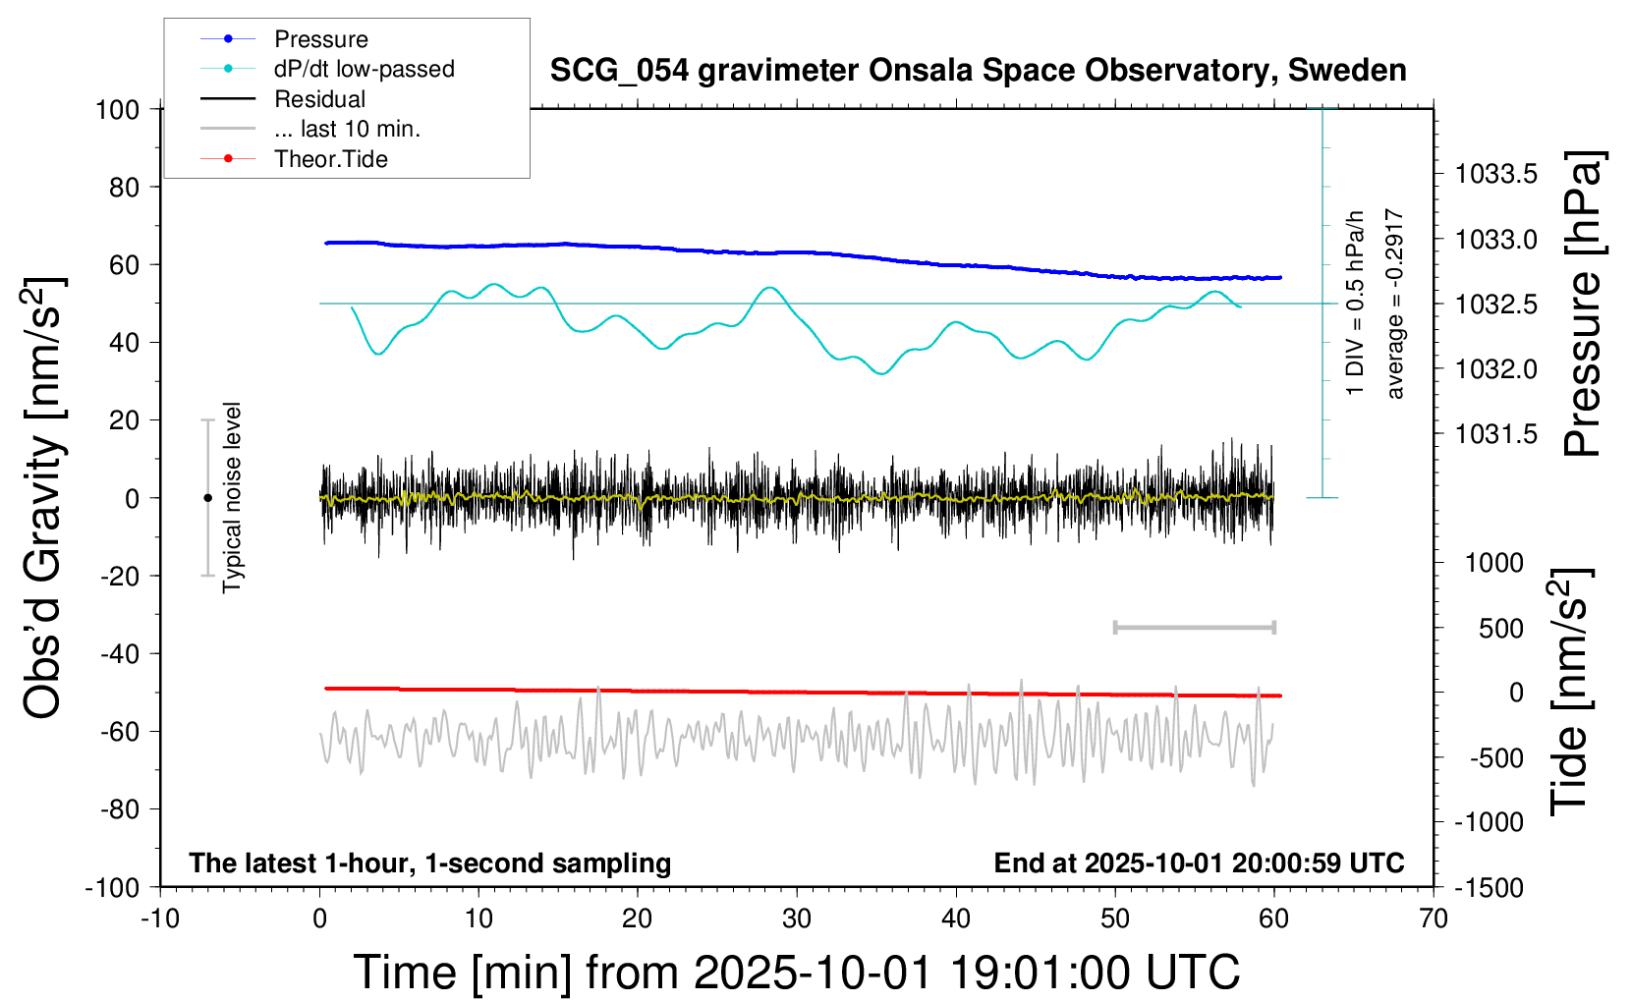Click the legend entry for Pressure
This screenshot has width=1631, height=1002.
point(320,39)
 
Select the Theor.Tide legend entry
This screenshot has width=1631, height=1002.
point(330,159)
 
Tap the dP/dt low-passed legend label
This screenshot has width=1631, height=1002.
point(364,69)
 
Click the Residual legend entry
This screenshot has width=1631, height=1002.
point(319,99)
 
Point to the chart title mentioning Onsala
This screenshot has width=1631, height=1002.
point(978,71)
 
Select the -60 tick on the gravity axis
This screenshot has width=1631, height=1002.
point(119,731)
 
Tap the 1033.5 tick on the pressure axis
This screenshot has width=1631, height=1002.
point(1496,175)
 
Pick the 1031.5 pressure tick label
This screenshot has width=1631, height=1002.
point(1496,434)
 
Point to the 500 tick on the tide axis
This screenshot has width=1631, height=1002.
point(1501,629)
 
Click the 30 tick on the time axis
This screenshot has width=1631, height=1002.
point(797,919)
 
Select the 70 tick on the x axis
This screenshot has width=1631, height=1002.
point(1434,919)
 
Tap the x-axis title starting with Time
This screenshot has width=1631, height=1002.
point(797,973)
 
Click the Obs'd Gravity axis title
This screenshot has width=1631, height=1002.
point(43,497)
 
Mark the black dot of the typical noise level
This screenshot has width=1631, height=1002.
point(207,498)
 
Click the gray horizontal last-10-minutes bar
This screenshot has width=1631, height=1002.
point(1194,627)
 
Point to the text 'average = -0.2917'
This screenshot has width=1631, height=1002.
point(1395,304)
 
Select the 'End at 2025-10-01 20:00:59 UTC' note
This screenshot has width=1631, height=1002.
point(1199,863)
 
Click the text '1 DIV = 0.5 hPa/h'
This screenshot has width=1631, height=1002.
point(1356,304)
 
